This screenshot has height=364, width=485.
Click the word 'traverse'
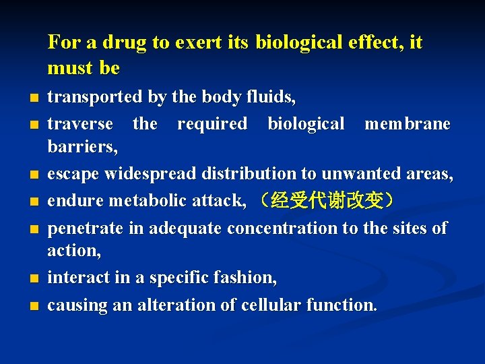80,124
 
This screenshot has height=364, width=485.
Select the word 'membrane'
408,124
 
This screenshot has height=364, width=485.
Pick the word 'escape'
71,174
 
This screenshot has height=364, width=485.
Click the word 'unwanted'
359,174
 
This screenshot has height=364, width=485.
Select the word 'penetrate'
86,229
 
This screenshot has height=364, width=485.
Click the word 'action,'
74,251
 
